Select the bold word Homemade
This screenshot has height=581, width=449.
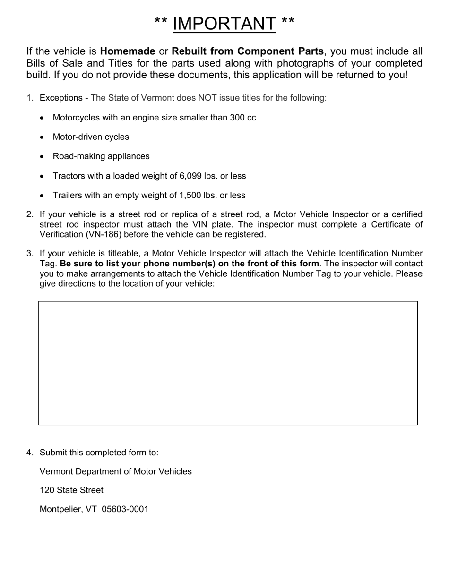[x=128, y=51]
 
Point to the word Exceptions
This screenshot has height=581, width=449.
[x=61, y=98]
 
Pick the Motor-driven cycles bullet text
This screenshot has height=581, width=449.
[x=91, y=137]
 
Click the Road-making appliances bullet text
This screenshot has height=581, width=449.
[x=101, y=156]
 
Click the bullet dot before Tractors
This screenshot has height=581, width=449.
[x=43, y=176]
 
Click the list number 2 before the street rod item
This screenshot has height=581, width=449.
[x=29, y=214]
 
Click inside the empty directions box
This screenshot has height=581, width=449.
[x=228, y=363]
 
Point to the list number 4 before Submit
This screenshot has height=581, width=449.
[x=29, y=453]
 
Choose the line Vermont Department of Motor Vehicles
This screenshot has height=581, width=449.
[x=116, y=471]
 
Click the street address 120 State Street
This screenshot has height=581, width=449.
[x=71, y=490]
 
